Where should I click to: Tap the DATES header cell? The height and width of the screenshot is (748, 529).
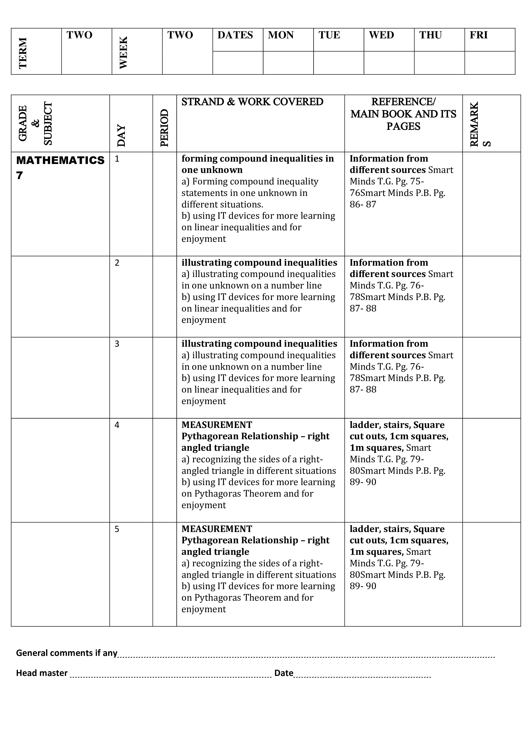coord(235,35)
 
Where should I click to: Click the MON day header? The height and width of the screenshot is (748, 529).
coord(281,35)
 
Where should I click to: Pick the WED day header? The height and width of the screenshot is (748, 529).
coord(381,35)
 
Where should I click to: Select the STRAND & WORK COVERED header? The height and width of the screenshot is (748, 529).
coord(252,102)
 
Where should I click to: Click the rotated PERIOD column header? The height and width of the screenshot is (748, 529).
coord(165,128)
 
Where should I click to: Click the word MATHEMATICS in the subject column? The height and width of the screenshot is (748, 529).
coord(60,160)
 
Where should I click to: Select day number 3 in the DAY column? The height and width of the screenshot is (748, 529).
coord(117,344)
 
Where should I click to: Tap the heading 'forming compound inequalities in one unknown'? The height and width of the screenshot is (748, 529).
coord(257,164)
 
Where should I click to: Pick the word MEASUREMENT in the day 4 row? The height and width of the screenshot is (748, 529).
coord(217,425)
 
